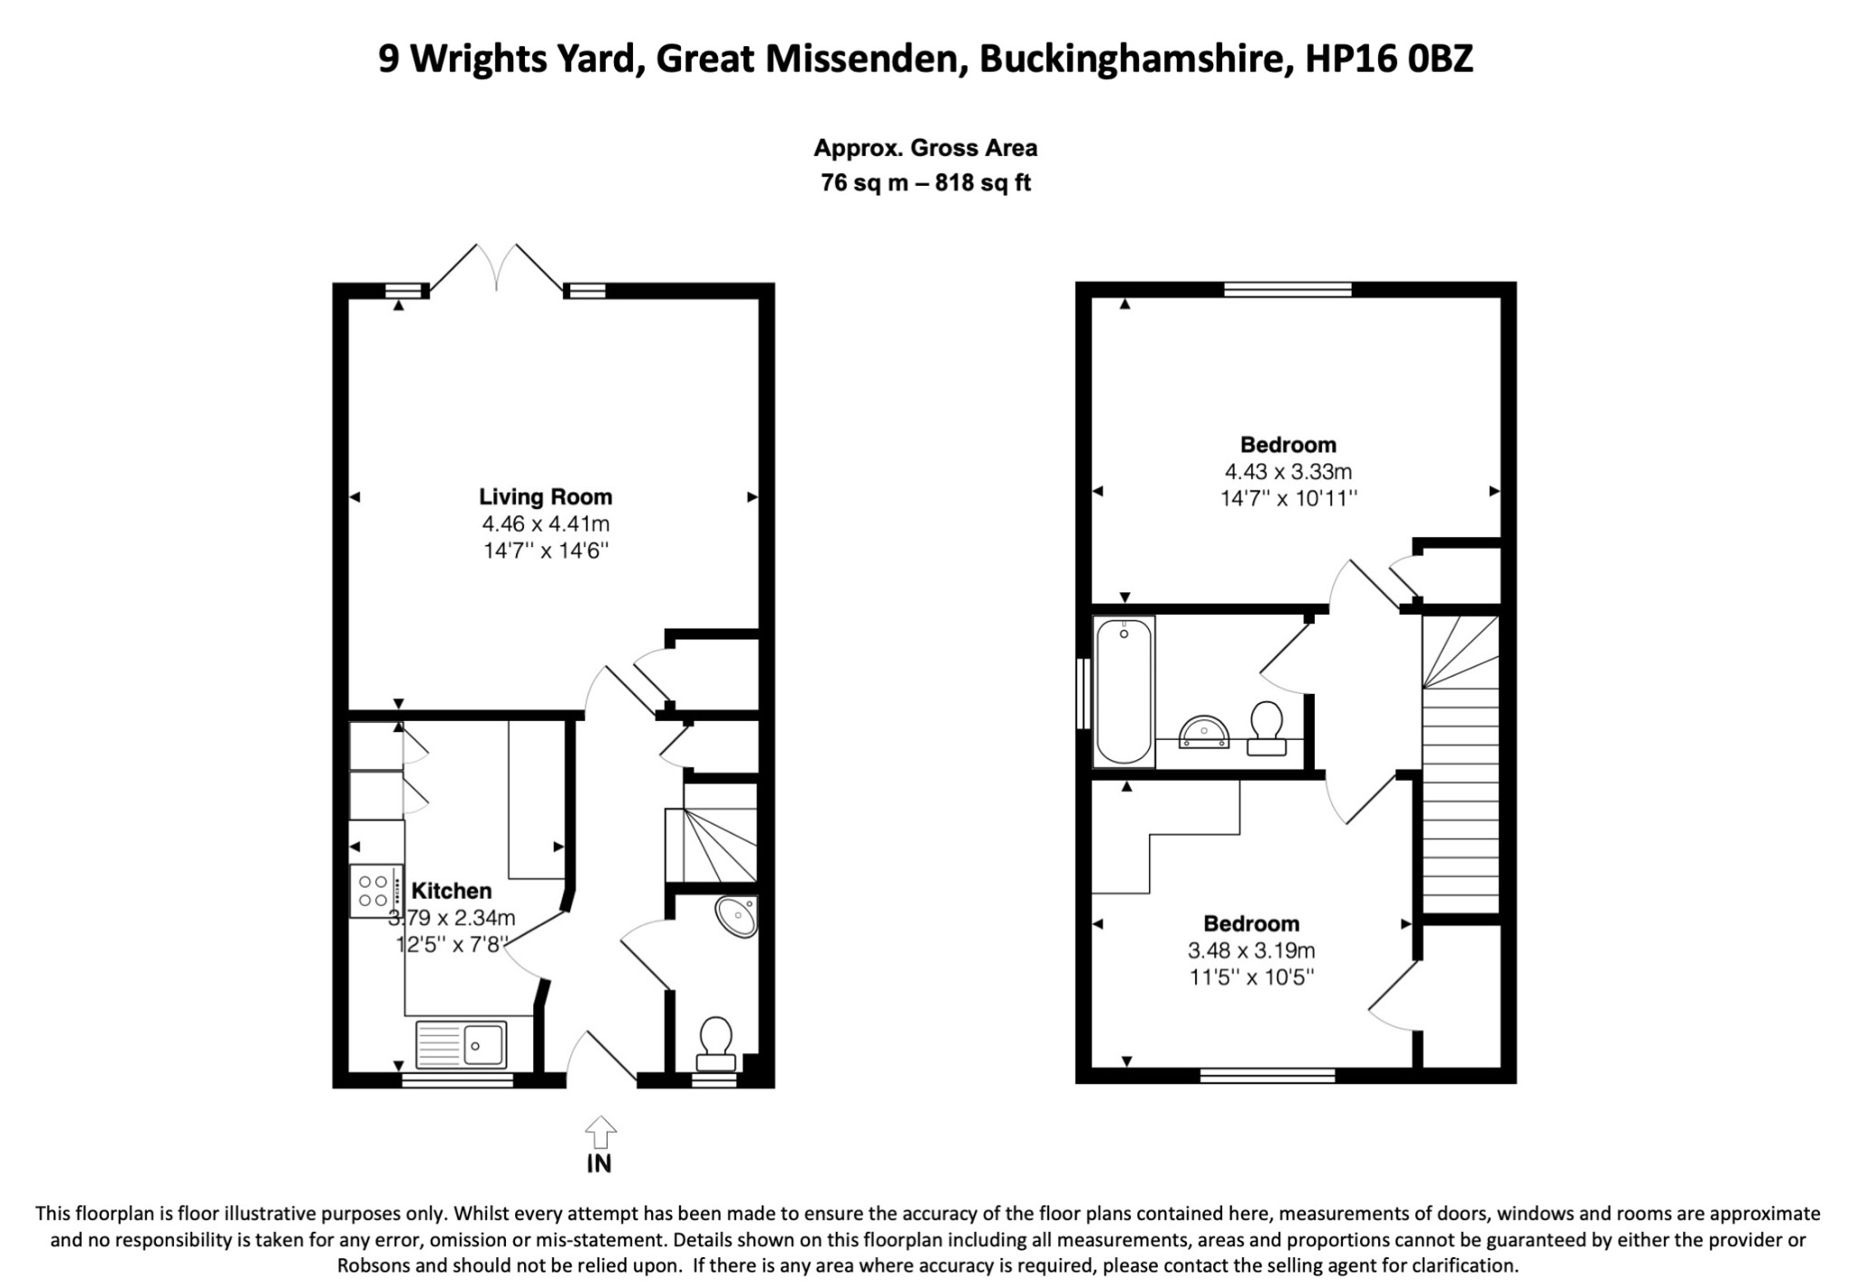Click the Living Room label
[x=545, y=496]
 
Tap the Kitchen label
[x=452, y=891]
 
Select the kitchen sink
[x=462, y=1043]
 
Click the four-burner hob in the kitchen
[x=374, y=891]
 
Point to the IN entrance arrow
[x=599, y=1134]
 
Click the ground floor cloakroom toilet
[x=715, y=1043]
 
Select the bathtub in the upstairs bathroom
[x=1124, y=691]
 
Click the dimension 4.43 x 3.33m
[x=1288, y=472]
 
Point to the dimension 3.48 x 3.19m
[x=1251, y=951]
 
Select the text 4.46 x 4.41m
[x=545, y=523]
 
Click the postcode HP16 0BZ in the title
[x=1388, y=59]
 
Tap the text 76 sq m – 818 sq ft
[x=926, y=182]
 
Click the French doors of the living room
[x=497, y=268]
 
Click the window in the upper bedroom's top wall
[x=1288, y=289]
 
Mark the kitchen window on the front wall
[x=458, y=1079]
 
